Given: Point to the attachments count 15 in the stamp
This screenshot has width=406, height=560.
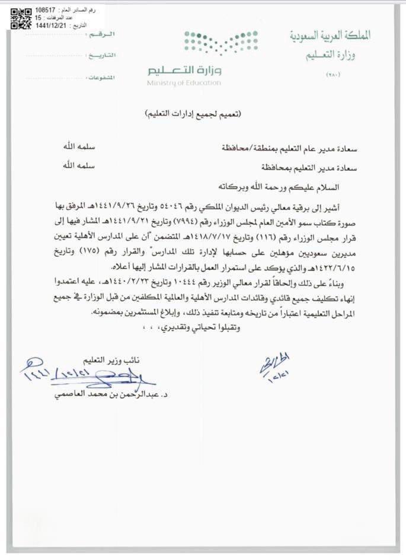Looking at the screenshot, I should pyautogui.click(x=38, y=18).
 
